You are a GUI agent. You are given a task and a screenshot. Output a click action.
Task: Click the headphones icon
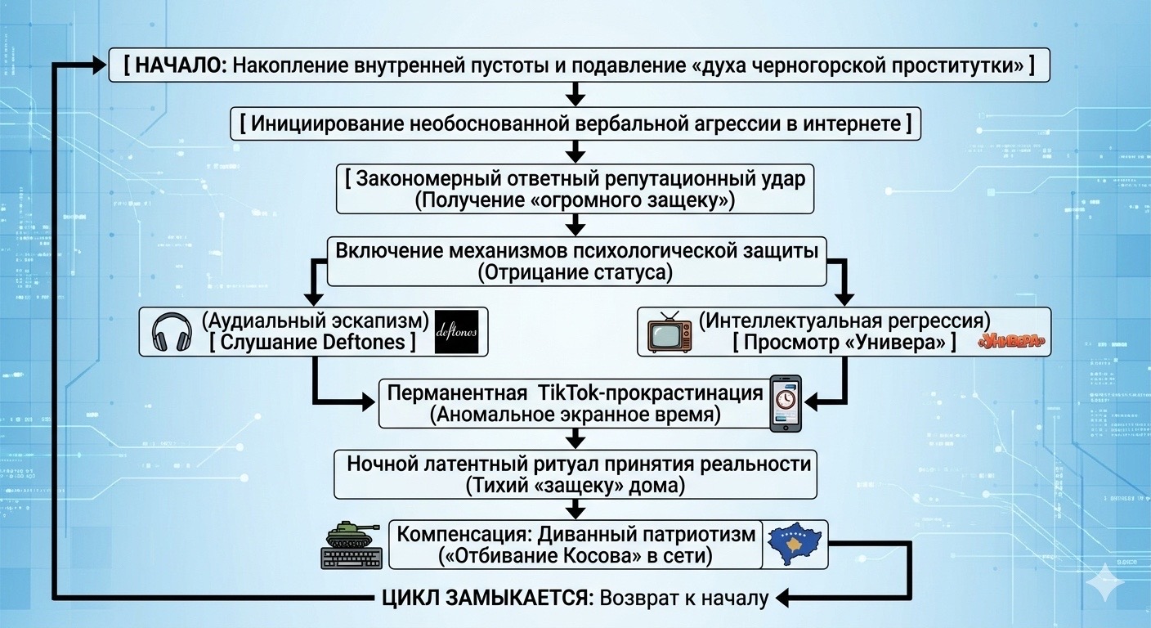coord(172,333)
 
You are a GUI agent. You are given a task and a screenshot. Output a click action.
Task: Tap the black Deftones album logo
coord(456,332)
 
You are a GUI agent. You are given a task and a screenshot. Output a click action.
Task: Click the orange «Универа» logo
coord(1011,342)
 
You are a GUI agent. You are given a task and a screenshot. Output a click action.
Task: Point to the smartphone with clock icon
coord(786,403)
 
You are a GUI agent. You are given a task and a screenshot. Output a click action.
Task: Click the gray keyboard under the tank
coord(352,558)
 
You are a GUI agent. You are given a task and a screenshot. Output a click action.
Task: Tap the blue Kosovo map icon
coord(795,544)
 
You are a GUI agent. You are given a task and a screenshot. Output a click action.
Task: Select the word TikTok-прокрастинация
coord(651,393)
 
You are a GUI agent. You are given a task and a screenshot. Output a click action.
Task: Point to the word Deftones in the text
coord(364,343)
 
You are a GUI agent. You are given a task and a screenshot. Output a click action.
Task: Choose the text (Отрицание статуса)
coord(575,272)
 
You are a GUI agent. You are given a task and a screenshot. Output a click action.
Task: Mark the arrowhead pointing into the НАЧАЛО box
coord(100,65)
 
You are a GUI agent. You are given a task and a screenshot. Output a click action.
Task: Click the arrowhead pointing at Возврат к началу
coord(783,598)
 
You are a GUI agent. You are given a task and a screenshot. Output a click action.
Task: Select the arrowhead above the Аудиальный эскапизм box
coord(314,299)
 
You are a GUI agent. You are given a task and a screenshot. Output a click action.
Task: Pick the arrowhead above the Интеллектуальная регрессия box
coord(844,299)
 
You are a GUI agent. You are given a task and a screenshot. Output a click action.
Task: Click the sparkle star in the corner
coord(1104,581)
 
